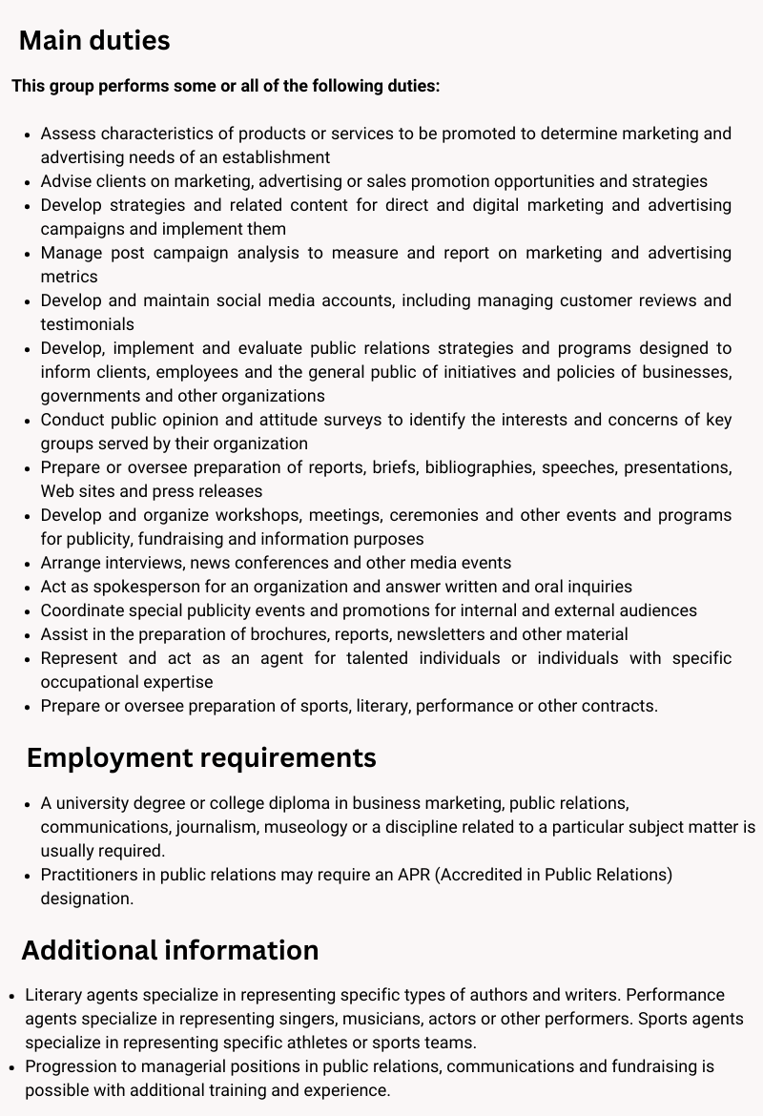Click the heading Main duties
(x=94, y=41)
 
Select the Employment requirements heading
(x=201, y=757)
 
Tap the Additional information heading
(x=170, y=950)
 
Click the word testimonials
(x=87, y=324)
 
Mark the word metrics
(x=69, y=277)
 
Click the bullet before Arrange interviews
(x=28, y=564)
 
